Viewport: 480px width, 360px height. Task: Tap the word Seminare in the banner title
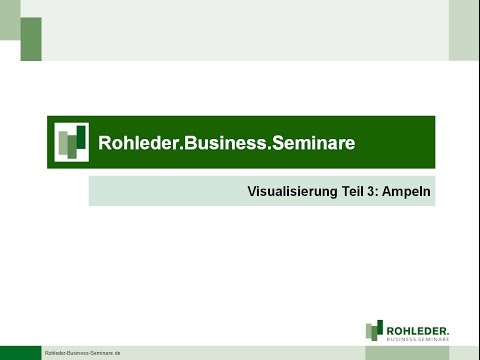306,143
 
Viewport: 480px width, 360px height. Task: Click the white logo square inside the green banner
71,142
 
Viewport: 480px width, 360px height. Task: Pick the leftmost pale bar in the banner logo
62,144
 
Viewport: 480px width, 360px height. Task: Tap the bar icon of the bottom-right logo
375,330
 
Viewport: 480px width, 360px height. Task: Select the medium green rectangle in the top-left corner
31,39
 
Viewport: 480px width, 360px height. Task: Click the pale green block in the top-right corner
464,30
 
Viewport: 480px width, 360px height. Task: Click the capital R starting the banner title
105,143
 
